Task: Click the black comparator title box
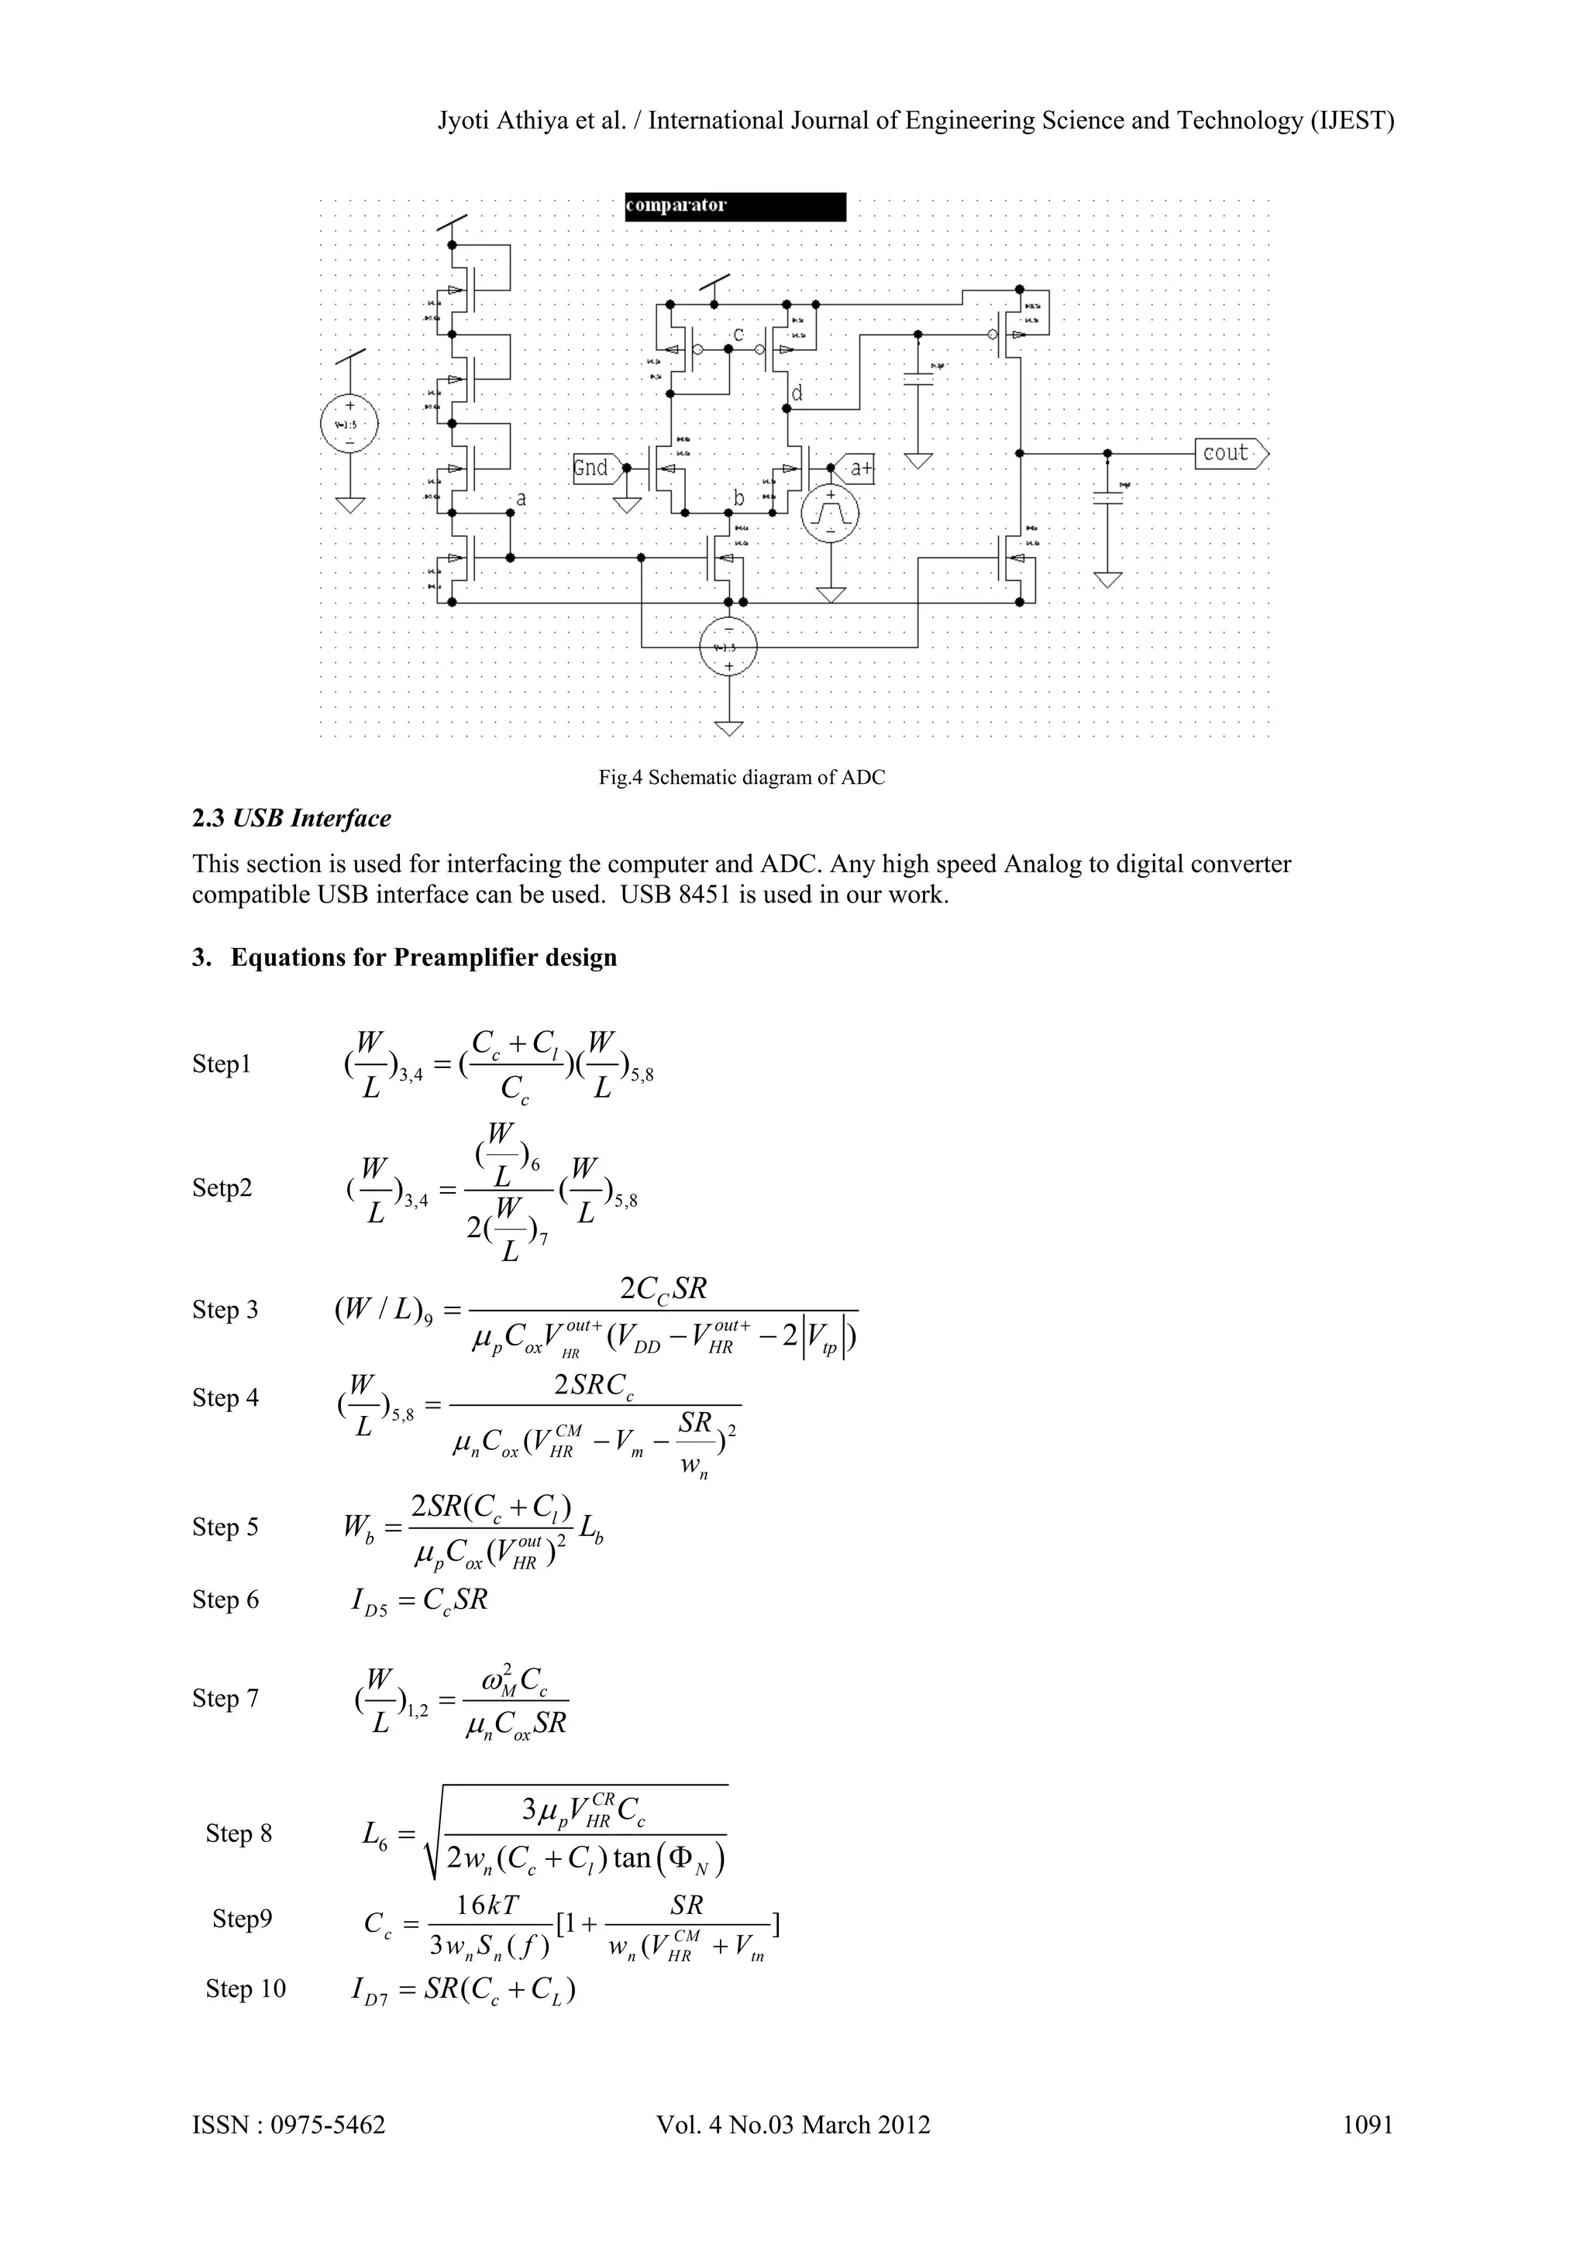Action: coord(735,206)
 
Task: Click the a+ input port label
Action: coord(858,469)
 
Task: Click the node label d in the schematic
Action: coord(797,393)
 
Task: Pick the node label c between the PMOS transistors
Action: coord(739,335)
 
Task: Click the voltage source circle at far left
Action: coord(349,425)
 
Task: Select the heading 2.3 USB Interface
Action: coord(291,819)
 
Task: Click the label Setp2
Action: coord(222,1187)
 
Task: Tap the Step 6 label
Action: coord(225,1600)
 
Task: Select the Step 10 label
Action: coord(246,1989)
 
